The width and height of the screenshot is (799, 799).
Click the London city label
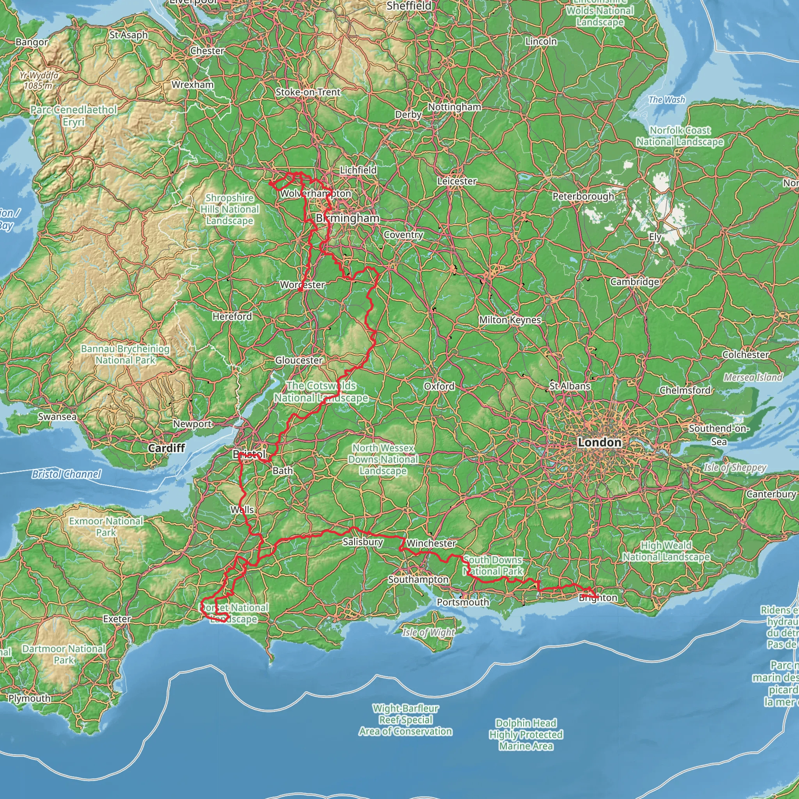click(599, 442)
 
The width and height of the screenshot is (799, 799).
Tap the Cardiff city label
click(166, 448)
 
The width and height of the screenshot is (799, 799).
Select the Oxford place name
click(439, 386)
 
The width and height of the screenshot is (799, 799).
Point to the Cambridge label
click(634, 282)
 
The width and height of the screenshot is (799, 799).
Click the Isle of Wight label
click(428, 632)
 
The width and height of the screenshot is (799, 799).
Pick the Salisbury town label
click(363, 542)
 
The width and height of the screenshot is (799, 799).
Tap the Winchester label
click(431, 543)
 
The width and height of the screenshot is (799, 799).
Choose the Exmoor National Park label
click(106, 526)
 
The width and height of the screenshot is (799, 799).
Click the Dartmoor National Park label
click(64, 654)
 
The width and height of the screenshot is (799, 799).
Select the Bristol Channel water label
click(66, 474)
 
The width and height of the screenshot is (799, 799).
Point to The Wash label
click(667, 99)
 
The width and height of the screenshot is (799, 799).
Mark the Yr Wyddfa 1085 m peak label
click(39, 81)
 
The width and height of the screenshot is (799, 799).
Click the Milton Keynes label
click(510, 320)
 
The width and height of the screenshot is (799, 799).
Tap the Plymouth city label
click(29, 698)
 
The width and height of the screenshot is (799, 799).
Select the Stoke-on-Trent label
click(308, 92)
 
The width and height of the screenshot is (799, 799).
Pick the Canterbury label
click(771, 494)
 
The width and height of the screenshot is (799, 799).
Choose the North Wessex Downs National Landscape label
click(383, 459)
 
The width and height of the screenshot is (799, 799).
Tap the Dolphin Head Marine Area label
click(526, 735)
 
